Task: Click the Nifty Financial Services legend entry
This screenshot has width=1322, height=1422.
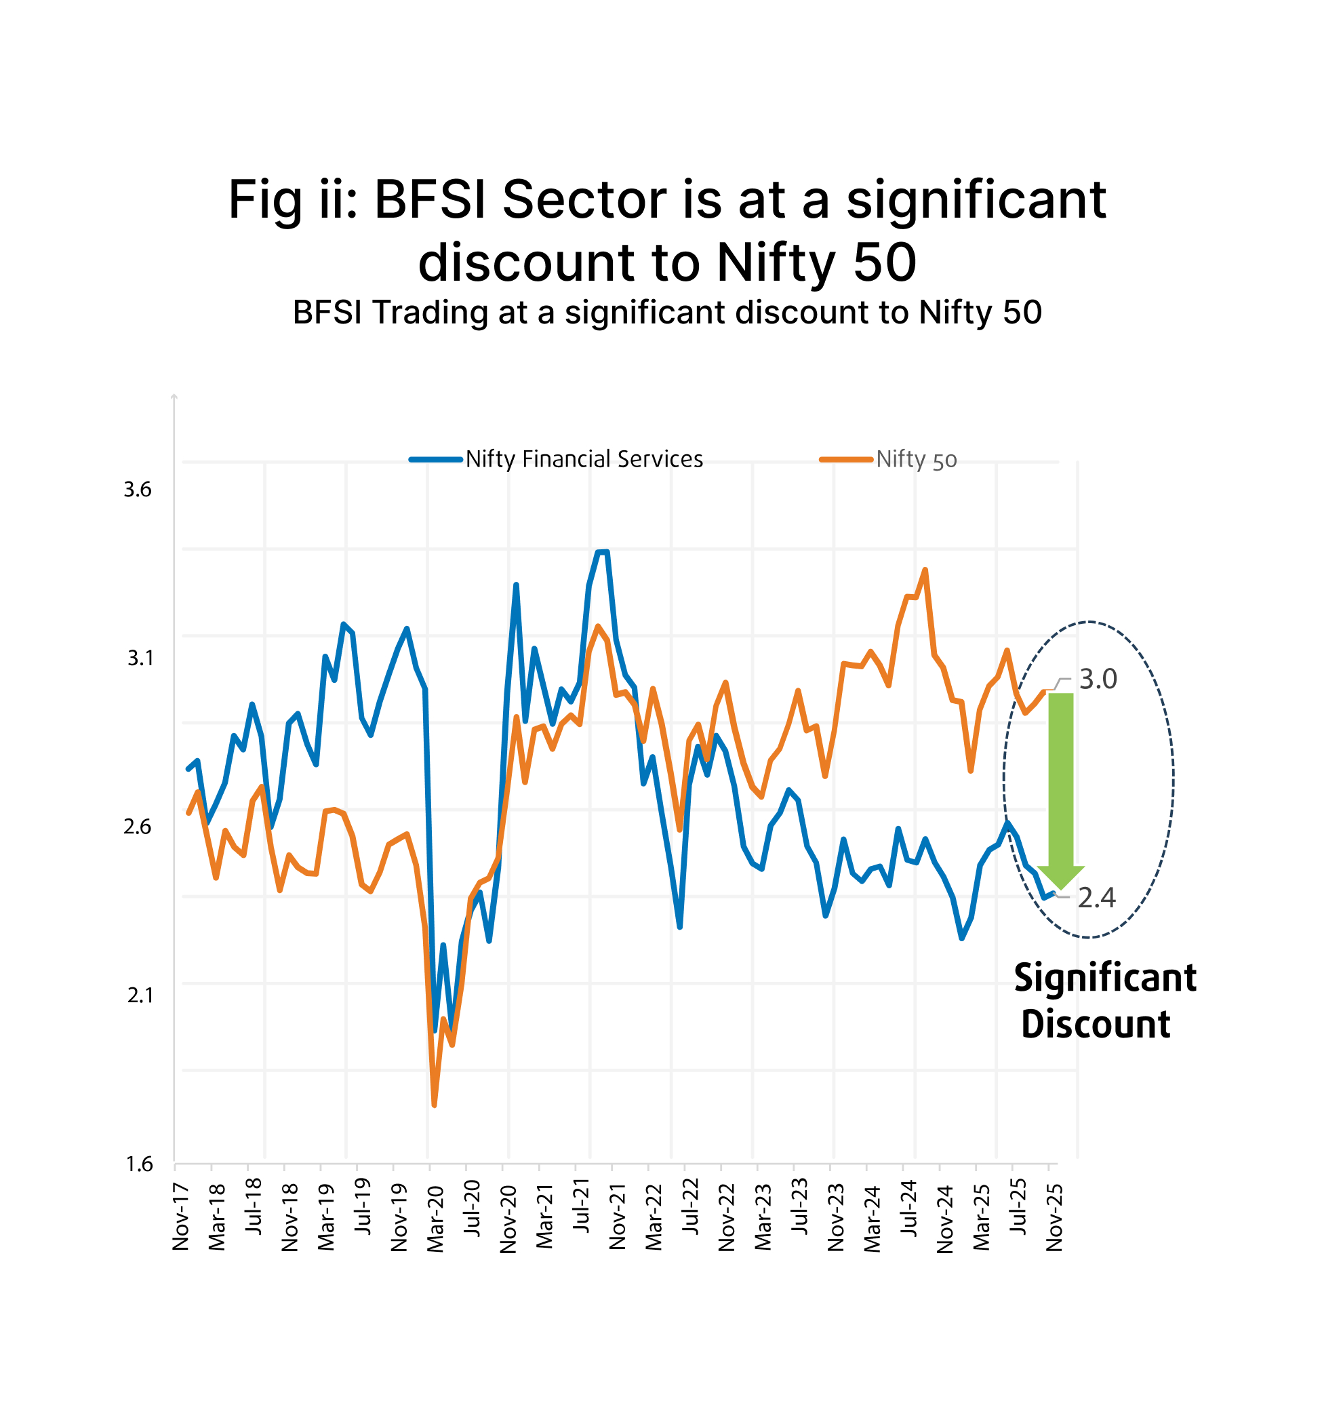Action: click(x=583, y=458)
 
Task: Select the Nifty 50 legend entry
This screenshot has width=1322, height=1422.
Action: click(x=915, y=459)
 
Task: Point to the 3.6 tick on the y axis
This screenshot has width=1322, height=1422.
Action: click(x=138, y=490)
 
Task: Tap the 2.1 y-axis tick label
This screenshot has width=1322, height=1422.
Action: click(x=140, y=995)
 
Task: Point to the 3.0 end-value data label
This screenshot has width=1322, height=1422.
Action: click(x=1097, y=679)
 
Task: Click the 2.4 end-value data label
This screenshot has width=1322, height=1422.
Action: click(x=1096, y=897)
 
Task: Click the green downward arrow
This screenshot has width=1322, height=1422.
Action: click(x=1060, y=787)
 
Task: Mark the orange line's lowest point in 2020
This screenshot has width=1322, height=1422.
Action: click(x=434, y=1105)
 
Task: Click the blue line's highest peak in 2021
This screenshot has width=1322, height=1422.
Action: click(x=602, y=552)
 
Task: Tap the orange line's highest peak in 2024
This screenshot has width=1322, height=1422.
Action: click(x=925, y=570)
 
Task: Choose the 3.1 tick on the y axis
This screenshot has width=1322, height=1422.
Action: click(x=140, y=657)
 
